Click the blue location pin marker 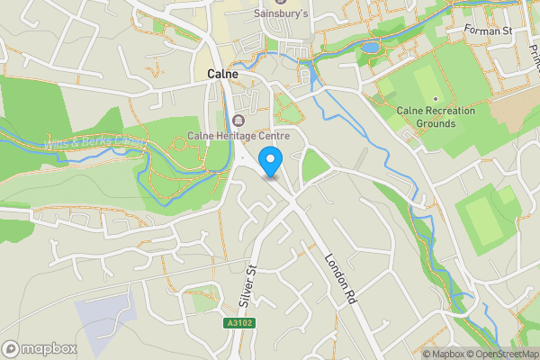[x=271, y=162]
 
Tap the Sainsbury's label [x=281, y=14]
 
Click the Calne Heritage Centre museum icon [x=238, y=121]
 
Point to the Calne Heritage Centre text [x=232, y=136]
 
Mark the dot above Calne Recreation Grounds [x=436, y=98]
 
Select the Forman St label [x=487, y=30]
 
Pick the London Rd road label [x=339, y=282]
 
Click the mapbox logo [x=40, y=348]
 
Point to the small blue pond [x=370, y=47]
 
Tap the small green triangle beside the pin [x=313, y=166]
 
